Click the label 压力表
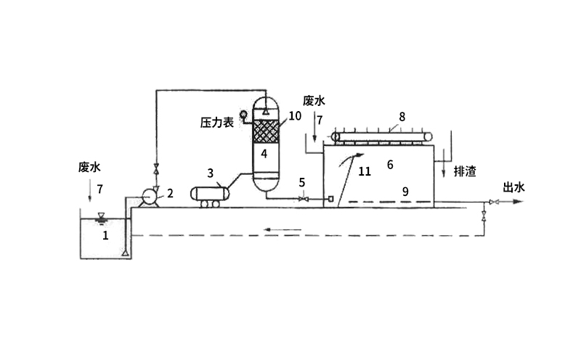click(216, 123)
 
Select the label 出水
click(514, 187)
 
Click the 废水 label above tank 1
click(89, 167)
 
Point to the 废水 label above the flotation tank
click(313, 101)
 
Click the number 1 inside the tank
click(105, 235)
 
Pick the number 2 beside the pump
click(170, 193)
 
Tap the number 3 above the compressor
click(210, 173)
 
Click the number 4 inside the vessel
click(264, 153)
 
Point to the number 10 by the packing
click(294, 116)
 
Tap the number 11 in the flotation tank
click(365, 171)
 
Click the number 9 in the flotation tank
click(406, 191)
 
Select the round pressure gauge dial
click(245, 113)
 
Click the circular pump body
click(150, 197)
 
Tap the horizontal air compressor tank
click(208, 194)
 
